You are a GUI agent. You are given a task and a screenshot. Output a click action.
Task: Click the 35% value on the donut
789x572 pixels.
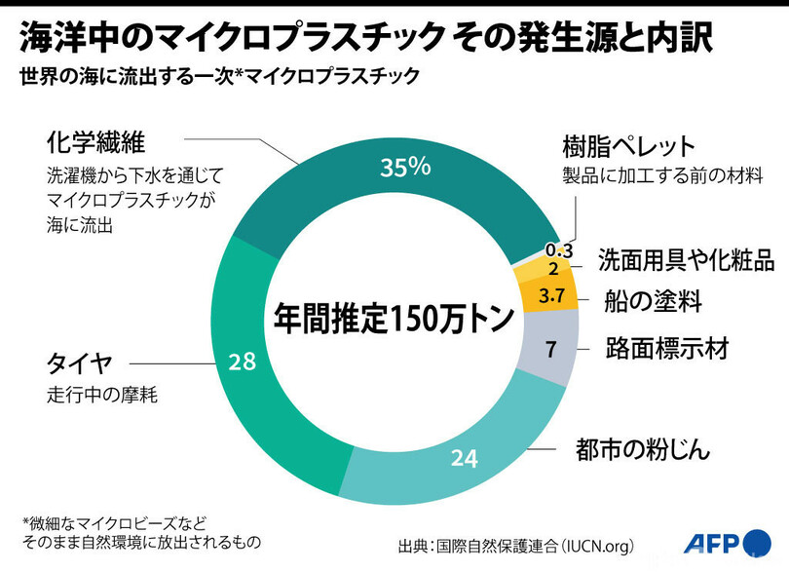click(405, 167)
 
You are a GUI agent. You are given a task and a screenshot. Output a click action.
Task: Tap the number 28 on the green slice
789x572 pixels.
click(242, 362)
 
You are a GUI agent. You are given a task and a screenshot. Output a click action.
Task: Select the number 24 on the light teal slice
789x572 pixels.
click(464, 458)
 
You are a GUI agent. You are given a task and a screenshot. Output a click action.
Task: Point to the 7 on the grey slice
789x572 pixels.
click(551, 349)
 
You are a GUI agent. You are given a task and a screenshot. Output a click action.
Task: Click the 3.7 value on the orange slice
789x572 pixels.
click(551, 295)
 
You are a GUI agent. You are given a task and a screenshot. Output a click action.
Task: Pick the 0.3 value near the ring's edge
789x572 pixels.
click(559, 250)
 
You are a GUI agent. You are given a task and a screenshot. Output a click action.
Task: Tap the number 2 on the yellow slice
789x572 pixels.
click(553, 269)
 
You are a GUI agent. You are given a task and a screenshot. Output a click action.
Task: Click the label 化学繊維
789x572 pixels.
click(95, 142)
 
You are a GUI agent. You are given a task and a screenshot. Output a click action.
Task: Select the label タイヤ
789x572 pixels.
click(80, 363)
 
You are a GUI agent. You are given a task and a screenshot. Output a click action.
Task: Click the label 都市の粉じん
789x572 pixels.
click(643, 448)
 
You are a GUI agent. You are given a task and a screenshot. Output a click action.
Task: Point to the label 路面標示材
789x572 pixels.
click(667, 349)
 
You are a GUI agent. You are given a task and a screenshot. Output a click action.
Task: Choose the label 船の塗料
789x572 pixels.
click(653, 302)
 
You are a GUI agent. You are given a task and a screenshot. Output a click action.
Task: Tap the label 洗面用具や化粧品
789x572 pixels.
click(686, 260)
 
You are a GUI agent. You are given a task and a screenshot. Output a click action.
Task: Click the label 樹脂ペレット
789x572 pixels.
click(628, 146)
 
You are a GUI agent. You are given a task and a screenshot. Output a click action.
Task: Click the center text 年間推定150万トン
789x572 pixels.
click(394, 319)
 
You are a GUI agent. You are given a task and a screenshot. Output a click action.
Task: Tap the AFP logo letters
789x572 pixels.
click(711, 543)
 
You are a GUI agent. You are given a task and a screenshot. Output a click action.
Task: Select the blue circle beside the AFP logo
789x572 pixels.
click(757, 544)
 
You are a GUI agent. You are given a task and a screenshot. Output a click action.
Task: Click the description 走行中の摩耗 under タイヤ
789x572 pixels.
click(102, 395)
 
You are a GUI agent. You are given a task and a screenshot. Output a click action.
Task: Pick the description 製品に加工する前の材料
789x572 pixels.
click(662, 175)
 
